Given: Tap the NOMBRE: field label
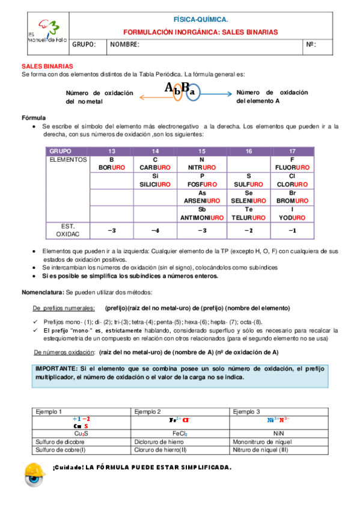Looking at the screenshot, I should [x=125, y=45].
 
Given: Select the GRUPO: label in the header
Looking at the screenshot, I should [x=84, y=45].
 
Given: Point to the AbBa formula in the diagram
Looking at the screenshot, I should [x=180, y=90].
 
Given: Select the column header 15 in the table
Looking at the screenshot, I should [x=201, y=150].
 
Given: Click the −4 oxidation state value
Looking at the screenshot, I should [x=156, y=230].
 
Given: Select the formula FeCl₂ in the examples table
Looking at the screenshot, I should [x=180, y=432].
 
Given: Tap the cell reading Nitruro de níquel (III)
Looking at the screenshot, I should [x=261, y=449].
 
